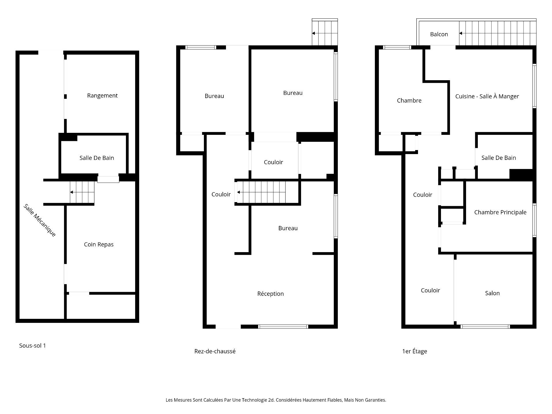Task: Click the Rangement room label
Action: pos(102,96)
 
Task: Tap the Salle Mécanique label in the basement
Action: pos(40,221)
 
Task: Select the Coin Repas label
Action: pos(99,245)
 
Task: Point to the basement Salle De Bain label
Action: pos(97,158)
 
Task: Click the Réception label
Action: pos(271,294)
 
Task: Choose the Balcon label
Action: pos(439,34)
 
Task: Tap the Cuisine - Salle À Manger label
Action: pos(487,96)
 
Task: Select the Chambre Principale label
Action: pos(500,212)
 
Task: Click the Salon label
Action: pos(492,293)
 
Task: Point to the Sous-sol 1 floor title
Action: pos(32,346)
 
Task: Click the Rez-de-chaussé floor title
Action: pos(215,351)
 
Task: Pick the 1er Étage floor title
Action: pos(415,351)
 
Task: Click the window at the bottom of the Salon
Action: pos(485,327)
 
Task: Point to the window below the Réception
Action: pos(283,327)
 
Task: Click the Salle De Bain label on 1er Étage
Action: pos(499,158)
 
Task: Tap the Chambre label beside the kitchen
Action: pos(409,101)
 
